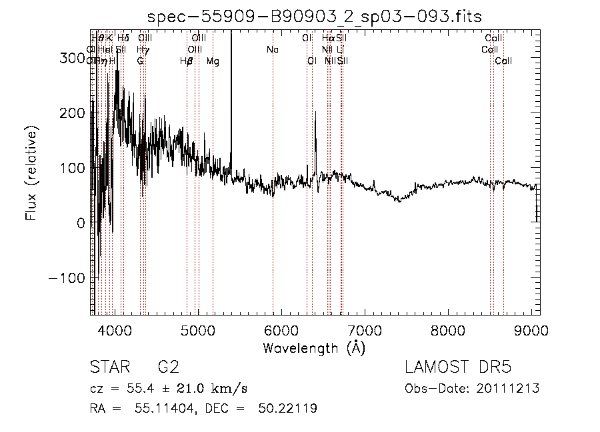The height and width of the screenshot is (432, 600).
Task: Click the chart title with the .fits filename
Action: [314, 17]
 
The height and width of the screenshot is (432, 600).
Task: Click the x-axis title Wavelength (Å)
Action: [314, 347]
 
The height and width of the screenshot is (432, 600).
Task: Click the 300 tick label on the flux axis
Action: [72, 58]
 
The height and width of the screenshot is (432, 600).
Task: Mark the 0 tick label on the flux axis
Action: [80, 223]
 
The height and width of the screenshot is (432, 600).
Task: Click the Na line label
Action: [272, 50]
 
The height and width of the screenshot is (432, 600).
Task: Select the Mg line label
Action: [213, 61]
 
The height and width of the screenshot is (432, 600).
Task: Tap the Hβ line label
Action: [187, 61]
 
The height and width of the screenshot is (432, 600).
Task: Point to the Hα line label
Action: [328, 39]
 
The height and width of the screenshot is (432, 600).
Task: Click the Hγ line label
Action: [143, 50]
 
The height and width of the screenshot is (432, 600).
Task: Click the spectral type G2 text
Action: [168, 367]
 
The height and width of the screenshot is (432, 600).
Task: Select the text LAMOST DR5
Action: [458, 367]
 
